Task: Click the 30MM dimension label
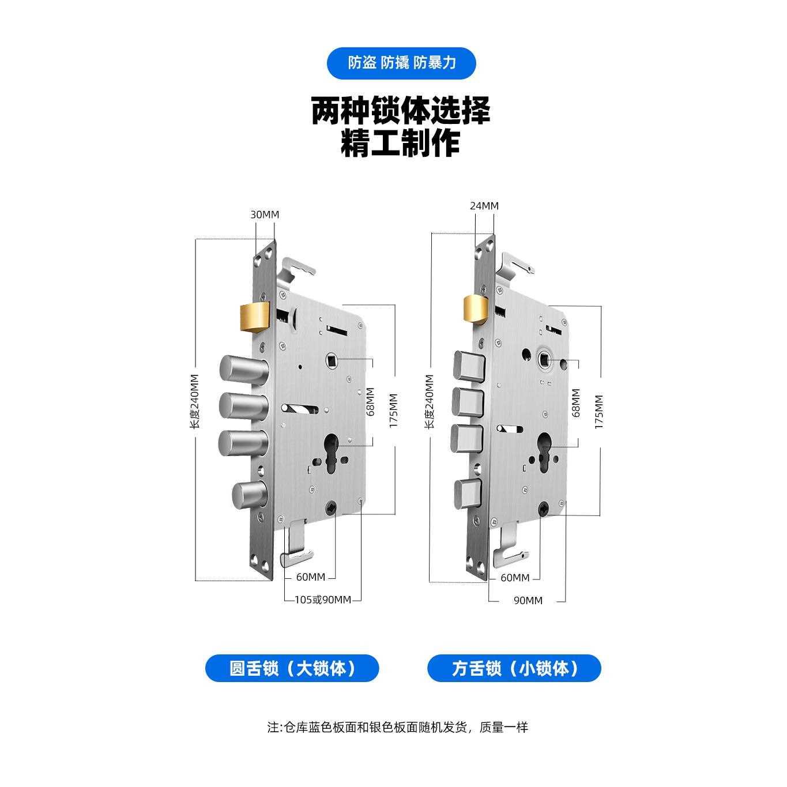265,214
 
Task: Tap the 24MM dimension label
484,206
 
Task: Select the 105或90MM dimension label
323,600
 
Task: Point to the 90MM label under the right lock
528,601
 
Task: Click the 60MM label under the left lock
311,577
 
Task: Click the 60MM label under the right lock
515,578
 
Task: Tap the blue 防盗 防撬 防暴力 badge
401,63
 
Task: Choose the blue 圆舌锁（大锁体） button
292,669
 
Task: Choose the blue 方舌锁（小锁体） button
514,669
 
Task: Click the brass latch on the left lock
254,318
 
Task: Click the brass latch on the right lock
476,309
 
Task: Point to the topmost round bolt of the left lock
242,369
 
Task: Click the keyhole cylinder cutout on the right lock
544,455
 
